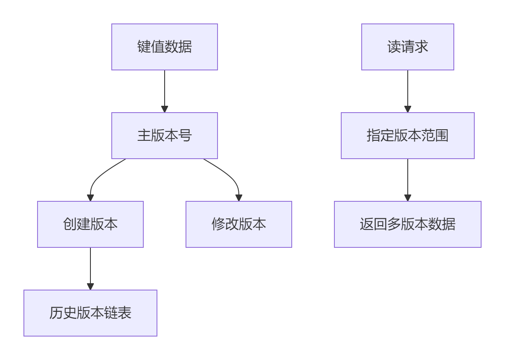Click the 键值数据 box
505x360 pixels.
(164, 47)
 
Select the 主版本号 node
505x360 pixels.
(164, 136)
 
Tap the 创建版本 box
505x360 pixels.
(90, 224)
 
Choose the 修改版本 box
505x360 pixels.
(238, 224)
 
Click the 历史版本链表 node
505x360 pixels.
(90, 313)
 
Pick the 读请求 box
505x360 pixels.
(407, 47)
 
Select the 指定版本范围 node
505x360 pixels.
(407, 136)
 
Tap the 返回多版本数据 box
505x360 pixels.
(407, 224)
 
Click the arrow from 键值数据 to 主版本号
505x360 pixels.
(165, 90)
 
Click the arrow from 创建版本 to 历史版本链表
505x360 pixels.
(90, 267)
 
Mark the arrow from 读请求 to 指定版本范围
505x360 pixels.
(408, 90)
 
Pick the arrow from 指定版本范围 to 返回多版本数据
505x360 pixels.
(408, 178)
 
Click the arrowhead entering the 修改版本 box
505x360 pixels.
(239, 198)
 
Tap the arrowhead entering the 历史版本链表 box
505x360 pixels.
(90, 287)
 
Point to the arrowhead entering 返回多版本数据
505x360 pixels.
(408, 198)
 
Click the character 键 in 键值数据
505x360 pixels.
(144, 47)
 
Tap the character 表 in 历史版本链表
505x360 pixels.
(125, 313)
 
